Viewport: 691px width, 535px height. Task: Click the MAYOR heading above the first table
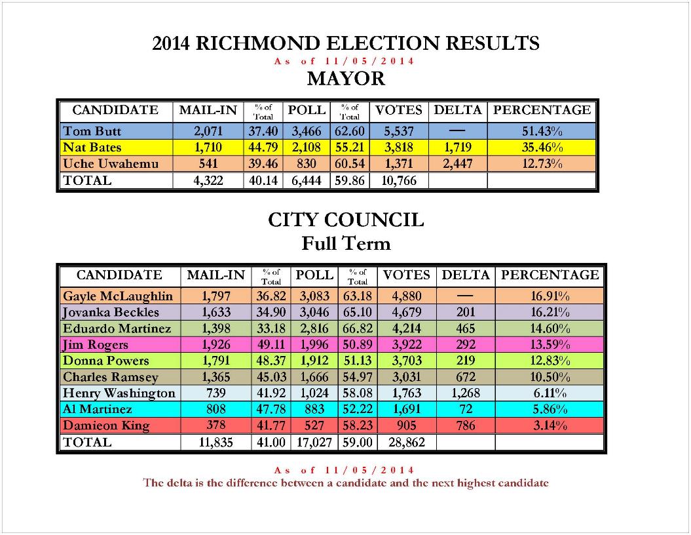[x=346, y=79]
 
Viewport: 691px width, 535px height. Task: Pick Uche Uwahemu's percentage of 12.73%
[x=542, y=163]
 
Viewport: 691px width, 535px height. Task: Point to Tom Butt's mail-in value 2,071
[x=208, y=131]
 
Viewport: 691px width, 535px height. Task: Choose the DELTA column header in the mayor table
[x=458, y=110]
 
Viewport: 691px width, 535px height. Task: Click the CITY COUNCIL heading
[x=346, y=220]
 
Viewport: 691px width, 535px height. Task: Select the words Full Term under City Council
[x=346, y=244]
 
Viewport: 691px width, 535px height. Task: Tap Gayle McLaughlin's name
[x=118, y=296]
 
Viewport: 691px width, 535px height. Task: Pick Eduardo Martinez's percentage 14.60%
[x=550, y=328]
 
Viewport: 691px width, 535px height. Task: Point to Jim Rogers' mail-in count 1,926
[x=216, y=345]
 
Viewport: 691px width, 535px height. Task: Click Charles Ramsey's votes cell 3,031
[x=407, y=377]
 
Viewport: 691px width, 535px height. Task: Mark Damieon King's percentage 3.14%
[x=550, y=426]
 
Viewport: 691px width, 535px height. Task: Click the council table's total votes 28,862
[x=407, y=443]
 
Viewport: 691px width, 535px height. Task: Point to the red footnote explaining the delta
[x=346, y=483]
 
